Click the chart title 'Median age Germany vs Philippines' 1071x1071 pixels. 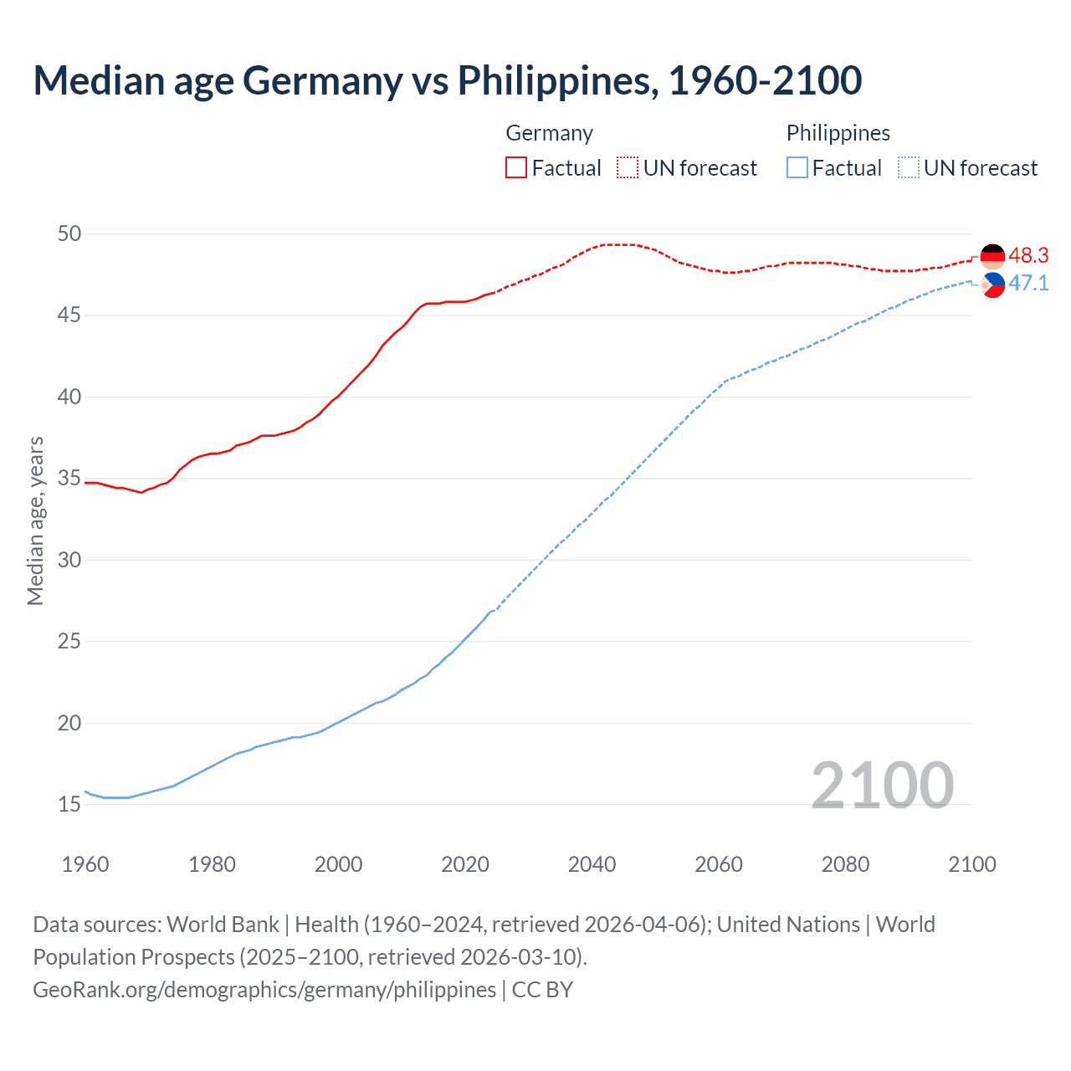click(x=447, y=80)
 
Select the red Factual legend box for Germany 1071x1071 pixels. click(x=516, y=168)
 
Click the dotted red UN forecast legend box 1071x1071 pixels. click(x=628, y=168)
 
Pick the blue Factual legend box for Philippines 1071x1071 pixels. click(x=797, y=168)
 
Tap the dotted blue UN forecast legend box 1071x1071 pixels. click(x=909, y=168)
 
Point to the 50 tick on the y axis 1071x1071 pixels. click(x=69, y=233)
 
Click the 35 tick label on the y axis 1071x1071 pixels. click(x=69, y=479)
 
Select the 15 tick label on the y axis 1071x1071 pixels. click(x=69, y=805)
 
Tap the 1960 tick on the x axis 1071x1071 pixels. click(x=85, y=864)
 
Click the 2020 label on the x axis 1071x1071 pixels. click(x=465, y=864)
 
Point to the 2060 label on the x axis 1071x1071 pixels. click(x=719, y=864)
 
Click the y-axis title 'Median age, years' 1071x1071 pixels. click(x=35, y=520)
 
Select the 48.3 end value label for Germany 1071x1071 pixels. click(x=1028, y=255)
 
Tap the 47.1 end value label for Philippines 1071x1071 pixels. click(x=1028, y=284)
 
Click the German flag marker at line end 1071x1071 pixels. click(x=992, y=256)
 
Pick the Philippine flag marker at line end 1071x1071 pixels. click(x=992, y=285)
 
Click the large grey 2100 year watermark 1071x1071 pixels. click(x=882, y=785)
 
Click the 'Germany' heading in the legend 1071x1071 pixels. click(x=549, y=133)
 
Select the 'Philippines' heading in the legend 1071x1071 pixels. click(x=838, y=133)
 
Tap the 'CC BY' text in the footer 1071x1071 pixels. click(x=542, y=990)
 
